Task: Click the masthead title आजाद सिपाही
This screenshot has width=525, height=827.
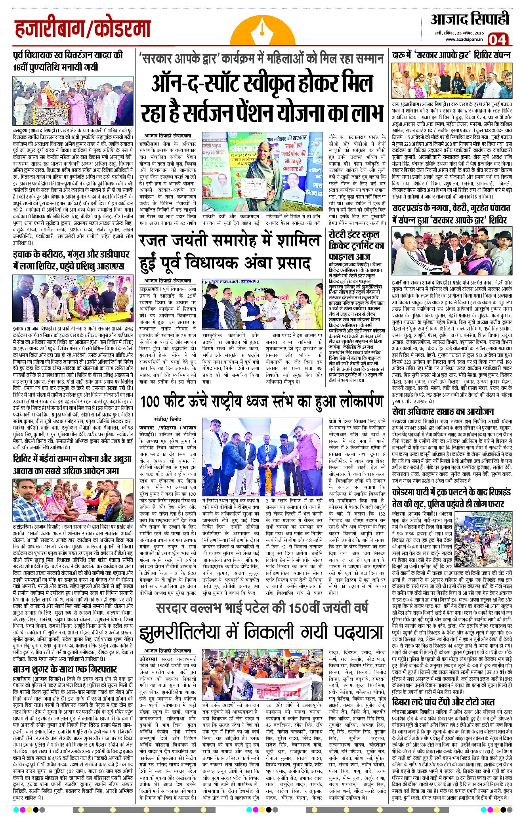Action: [x=470, y=19]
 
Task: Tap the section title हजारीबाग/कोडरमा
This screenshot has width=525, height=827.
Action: [x=83, y=29]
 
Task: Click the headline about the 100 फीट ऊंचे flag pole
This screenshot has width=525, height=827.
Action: [x=262, y=402]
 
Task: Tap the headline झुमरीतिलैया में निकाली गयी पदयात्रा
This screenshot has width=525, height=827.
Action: [x=262, y=632]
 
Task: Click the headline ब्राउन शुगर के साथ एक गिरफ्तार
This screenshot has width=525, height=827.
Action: [x=65, y=669]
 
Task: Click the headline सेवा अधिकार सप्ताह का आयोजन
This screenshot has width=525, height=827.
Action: [x=443, y=411]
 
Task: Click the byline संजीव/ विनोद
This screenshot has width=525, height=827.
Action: [x=168, y=419]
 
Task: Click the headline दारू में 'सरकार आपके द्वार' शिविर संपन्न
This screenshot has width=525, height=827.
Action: [x=451, y=55]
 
